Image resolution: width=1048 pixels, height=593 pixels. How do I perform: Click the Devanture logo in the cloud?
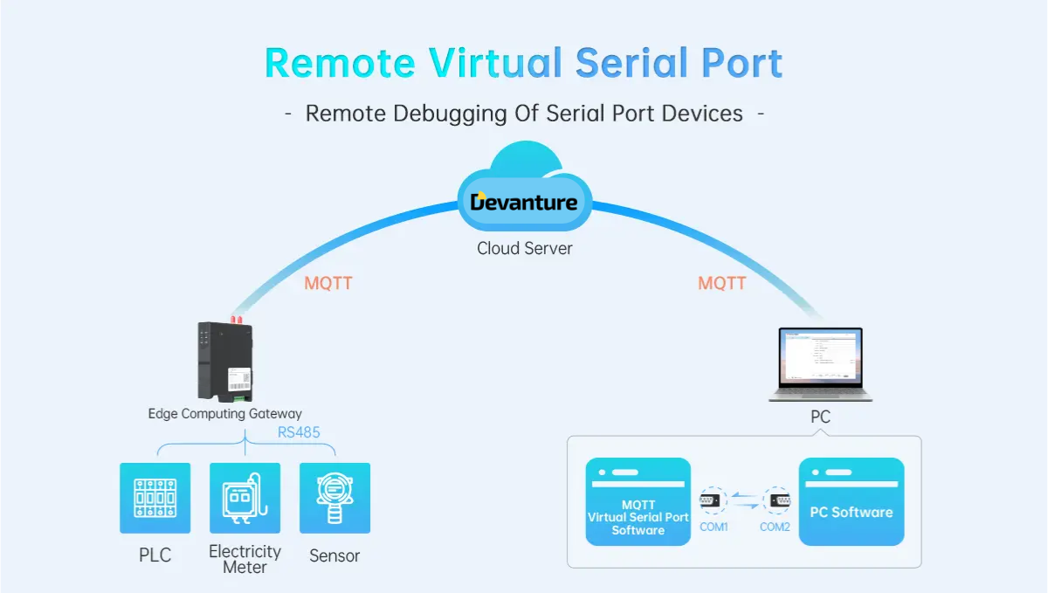[524, 203]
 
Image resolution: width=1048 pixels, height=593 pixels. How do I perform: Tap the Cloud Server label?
[524, 248]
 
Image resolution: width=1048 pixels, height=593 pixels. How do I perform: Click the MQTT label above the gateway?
[328, 284]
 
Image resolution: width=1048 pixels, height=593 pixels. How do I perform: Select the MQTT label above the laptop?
[722, 284]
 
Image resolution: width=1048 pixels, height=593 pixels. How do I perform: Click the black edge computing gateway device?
[225, 360]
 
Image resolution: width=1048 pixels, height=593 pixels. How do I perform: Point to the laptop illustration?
[820, 363]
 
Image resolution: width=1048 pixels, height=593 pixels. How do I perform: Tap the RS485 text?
[299, 431]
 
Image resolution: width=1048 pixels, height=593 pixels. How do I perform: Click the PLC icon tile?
[155, 498]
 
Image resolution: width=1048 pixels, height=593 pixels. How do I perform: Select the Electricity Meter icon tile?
[245, 498]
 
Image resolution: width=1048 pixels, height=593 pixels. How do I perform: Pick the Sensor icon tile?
[334, 498]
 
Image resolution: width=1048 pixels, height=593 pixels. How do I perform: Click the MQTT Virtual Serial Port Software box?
[638, 502]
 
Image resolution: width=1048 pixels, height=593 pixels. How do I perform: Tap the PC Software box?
[851, 502]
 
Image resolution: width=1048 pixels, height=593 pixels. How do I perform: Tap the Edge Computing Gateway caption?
[224, 414]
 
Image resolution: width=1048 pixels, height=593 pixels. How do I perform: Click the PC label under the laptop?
[820, 417]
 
